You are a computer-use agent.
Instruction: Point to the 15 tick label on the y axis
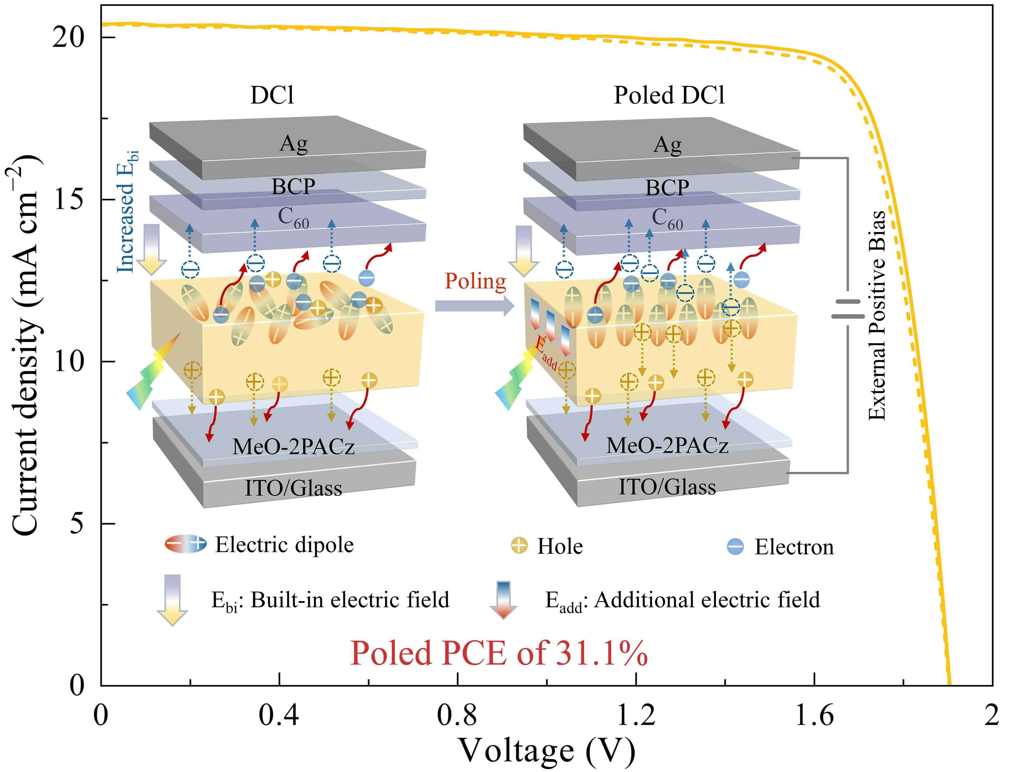[69, 199]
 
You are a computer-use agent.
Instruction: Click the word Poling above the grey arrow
[476, 281]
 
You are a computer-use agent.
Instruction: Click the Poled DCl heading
[669, 95]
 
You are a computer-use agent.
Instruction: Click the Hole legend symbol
[520, 546]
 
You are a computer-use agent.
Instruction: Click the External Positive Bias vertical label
[876, 315]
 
